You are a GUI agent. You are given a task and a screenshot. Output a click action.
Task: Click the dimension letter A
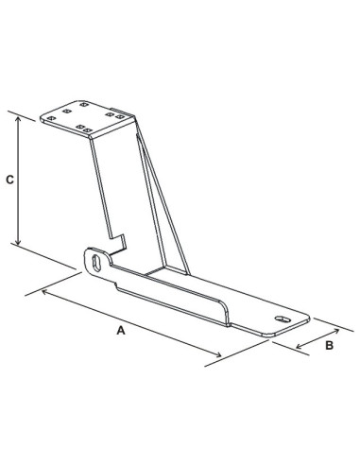[120, 331]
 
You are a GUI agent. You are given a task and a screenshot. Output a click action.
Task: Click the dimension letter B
[329, 346]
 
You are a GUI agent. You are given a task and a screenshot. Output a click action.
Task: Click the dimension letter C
[9, 179]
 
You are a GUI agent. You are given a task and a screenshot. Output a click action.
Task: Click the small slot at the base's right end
[280, 320]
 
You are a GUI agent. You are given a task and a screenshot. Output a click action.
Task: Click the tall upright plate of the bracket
[118, 184]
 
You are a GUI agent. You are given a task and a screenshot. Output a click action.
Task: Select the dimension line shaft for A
[132, 323]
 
